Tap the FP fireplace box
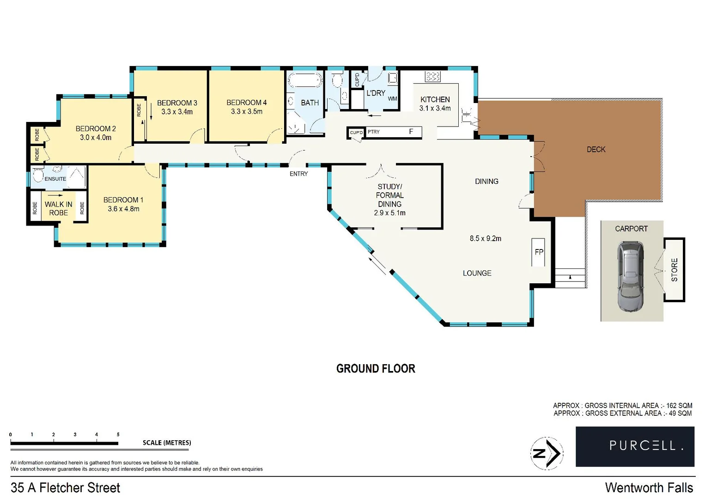[x=539, y=252]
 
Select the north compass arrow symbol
[x=547, y=453]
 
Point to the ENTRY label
[x=298, y=174]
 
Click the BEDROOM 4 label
[x=247, y=103]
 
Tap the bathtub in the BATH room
[x=305, y=81]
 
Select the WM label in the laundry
[x=392, y=98]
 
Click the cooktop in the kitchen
[x=433, y=76]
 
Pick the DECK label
[x=596, y=149]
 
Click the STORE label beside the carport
[x=674, y=270]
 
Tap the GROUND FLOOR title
[x=376, y=369]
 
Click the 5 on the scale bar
[x=118, y=434]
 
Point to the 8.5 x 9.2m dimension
[x=485, y=238]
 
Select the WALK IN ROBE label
[x=58, y=208]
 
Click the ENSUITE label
[x=55, y=179]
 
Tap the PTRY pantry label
[x=374, y=132]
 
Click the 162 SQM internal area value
[x=679, y=405]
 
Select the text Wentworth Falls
[x=649, y=487]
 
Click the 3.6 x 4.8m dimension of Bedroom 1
[x=123, y=209]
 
